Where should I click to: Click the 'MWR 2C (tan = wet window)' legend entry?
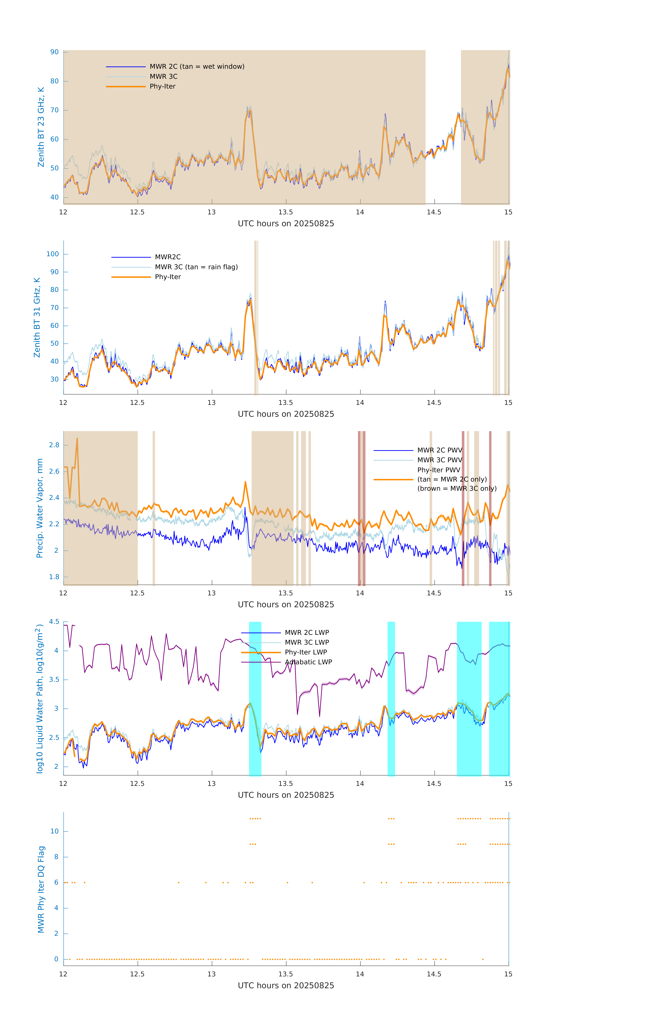[197, 67]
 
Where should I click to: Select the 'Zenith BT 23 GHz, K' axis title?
[41, 127]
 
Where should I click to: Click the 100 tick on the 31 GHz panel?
[53, 254]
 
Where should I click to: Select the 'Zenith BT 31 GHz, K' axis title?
[37, 317]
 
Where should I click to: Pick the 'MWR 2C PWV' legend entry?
[439, 450]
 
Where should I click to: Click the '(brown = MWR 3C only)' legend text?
[457, 489]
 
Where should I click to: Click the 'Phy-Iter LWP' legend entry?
[306, 652]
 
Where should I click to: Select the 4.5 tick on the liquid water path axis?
[54, 622]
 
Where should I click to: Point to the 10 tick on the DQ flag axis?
[54, 831]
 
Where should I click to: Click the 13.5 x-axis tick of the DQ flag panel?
[286, 974]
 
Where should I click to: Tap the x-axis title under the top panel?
[286, 224]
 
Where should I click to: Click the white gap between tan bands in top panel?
[443, 127]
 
